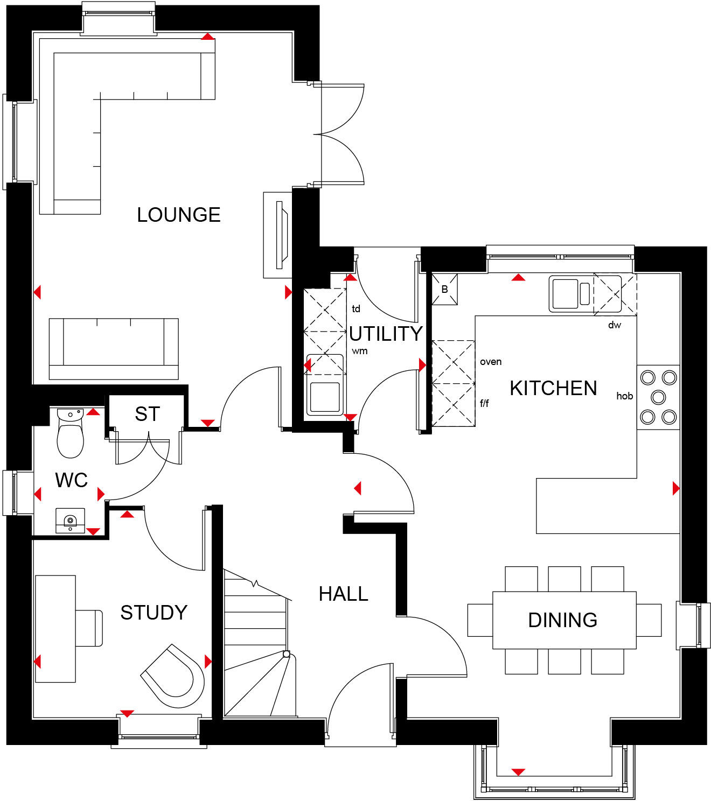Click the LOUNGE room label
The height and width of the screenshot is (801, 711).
point(178,215)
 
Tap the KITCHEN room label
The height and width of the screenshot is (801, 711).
point(553,388)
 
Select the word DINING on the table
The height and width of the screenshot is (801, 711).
point(562,620)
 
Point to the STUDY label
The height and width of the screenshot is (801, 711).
point(154,613)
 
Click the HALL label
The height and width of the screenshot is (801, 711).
point(343,594)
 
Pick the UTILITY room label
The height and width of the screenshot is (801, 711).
point(386,334)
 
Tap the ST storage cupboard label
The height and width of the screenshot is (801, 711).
point(147,414)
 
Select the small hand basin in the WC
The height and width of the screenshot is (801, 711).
point(70,521)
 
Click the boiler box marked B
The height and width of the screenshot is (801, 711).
point(444,290)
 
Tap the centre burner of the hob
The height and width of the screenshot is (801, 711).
point(658,397)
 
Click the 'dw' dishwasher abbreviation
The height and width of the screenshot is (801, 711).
point(614,325)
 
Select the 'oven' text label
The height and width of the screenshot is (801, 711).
point(491,362)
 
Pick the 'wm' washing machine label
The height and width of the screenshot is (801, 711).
point(360,351)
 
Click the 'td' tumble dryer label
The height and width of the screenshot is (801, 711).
point(356,309)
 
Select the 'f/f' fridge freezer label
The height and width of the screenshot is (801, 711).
point(484,403)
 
